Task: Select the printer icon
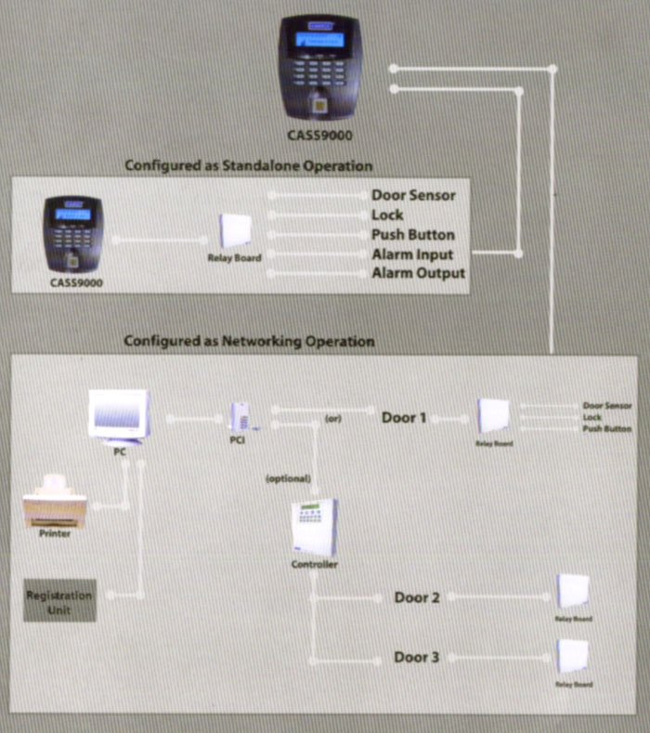55,503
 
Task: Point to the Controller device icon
314,527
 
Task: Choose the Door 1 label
404,417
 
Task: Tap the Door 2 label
417,597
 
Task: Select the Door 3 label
417,658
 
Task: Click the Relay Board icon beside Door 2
572,592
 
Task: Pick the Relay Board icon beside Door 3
572,657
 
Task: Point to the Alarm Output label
418,273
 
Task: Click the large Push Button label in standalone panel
412,234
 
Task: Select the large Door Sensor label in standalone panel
413,195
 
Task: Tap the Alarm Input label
412,254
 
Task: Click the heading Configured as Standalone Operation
249,165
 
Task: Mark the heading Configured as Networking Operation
249,341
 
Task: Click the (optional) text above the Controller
287,478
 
